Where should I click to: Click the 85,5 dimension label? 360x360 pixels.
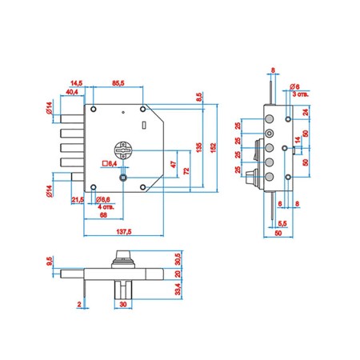coord(118,83)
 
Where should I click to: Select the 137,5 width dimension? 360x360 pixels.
coord(124,231)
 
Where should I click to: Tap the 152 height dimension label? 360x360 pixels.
coord(213,148)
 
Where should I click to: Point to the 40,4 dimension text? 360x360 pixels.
coord(72,92)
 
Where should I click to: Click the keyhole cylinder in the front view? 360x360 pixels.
coord(123,150)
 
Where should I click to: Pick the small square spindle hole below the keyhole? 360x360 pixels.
coord(123,178)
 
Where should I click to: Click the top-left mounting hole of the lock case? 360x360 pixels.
coord(94,109)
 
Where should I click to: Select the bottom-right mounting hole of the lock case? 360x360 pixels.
coord(143,187)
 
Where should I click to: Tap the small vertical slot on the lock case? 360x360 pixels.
coord(144,125)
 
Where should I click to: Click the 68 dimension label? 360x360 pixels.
coord(103,215)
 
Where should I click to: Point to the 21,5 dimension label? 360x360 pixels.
coord(78,200)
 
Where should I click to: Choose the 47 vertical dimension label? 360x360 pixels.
coord(174,164)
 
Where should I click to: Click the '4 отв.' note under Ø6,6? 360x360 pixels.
coord(106,206)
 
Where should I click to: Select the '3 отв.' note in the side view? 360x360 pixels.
coord(300,94)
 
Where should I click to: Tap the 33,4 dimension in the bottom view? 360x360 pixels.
coord(178,290)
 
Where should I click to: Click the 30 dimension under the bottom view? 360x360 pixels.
coord(123,304)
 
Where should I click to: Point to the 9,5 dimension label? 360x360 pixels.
coord(50,261)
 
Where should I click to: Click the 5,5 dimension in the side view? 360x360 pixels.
coord(282,223)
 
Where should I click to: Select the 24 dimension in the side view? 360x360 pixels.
coord(306,112)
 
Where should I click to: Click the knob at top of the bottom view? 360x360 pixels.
coord(123,259)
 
